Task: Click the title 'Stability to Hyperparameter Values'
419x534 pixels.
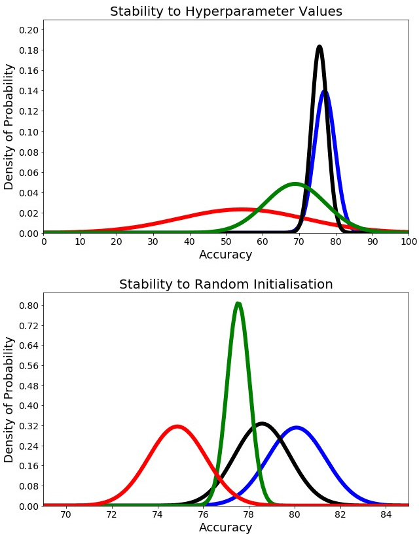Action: point(226,11)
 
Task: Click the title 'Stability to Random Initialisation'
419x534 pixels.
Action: point(226,284)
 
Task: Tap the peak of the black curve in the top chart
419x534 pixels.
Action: point(319,47)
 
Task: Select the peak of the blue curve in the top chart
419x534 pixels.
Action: point(325,92)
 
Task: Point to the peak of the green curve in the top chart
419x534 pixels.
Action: point(295,184)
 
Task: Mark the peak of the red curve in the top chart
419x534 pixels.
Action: point(242,209)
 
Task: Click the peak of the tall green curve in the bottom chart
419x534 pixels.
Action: point(238,304)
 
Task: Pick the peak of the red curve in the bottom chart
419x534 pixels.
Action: point(177,427)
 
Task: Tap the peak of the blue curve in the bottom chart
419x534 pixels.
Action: point(297,427)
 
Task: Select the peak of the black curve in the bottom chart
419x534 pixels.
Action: point(262,424)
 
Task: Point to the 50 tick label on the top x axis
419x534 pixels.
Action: point(226,241)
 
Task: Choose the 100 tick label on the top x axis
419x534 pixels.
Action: point(408,241)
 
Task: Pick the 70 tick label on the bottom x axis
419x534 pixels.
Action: point(66,514)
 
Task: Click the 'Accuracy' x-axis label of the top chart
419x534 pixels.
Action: point(226,255)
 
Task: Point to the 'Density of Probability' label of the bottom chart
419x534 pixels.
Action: point(9,399)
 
